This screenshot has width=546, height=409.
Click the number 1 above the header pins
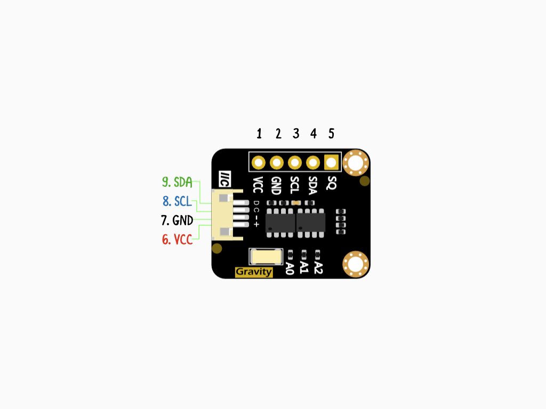tap(259, 134)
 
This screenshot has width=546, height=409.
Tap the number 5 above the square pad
tap(331, 134)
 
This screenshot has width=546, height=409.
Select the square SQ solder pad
tap(331, 162)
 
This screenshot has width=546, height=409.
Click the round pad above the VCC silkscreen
tap(259, 162)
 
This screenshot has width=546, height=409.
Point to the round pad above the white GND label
tap(277, 162)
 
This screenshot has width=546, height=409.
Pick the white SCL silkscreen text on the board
tap(294, 185)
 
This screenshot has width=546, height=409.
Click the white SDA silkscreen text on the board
tap(312, 185)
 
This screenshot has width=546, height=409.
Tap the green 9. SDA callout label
tap(177, 182)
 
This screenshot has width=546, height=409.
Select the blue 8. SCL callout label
tap(177, 201)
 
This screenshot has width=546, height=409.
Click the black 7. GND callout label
tap(177, 220)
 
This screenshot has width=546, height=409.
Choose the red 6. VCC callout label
tap(177, 239)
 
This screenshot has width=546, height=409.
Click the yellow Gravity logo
tap(254, 272)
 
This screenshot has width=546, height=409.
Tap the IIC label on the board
tap(224, 179)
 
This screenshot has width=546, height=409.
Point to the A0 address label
tap(290, 268)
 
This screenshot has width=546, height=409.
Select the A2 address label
tap(318, 267)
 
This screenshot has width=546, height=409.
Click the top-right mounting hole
tap(356, 163)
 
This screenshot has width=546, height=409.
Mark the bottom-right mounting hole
tap(356, 264)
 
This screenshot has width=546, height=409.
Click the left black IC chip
tap(280, 223)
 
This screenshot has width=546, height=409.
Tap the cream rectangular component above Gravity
tap(266, 257)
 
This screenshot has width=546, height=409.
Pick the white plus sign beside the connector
tap(256, 224)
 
